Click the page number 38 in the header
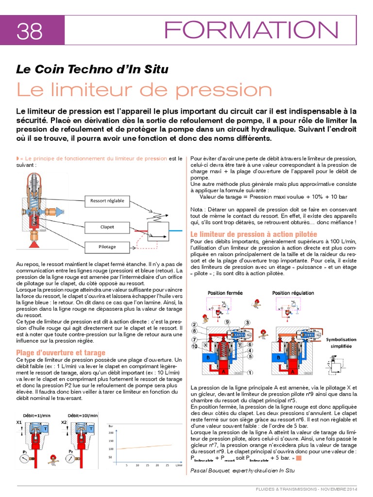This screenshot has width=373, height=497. pos(30,32)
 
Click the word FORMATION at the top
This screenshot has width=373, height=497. pos(252,30)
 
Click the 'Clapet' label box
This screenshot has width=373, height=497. pos(107,226)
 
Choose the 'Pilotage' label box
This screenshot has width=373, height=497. pos(107,247)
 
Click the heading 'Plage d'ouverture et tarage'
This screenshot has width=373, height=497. pos(61,352)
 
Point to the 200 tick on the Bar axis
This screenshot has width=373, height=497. pos(111,431)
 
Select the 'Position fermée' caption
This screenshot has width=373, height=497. pos(225,293)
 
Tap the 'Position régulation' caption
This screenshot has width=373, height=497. pos(293,293)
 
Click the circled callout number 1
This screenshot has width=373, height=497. pos(250,373)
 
